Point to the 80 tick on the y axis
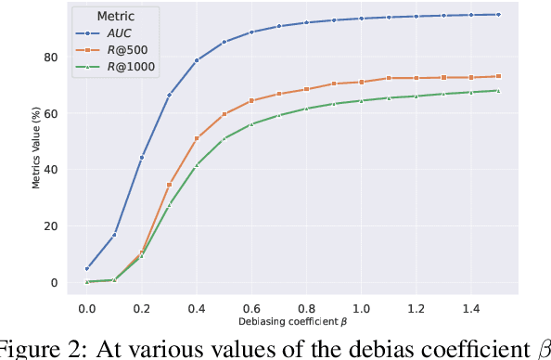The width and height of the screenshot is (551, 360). coord(51,58)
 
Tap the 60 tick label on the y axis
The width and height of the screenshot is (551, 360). coord(51,113)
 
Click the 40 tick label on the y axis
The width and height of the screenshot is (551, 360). coord(51,170)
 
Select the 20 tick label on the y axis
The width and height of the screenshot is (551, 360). coord(51,226)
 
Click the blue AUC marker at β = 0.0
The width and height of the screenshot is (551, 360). coord(86,269)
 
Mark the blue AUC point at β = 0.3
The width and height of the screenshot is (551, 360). coord(169,95)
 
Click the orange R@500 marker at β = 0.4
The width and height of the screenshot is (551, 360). coord(197,138)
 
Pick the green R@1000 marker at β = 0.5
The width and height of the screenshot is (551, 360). coord(224,139)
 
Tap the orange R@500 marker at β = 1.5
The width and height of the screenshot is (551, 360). coord(498,76)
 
